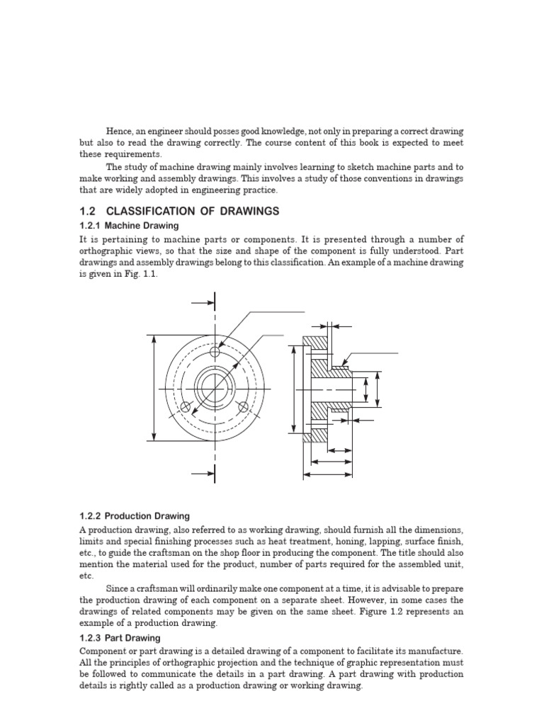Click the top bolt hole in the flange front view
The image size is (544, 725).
pos(215,353)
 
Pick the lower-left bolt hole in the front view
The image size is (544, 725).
pos(186,407)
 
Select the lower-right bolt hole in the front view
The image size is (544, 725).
pos(243,407)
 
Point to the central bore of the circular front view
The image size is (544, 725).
pos(214,388)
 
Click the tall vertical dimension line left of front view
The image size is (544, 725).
pos(154,388)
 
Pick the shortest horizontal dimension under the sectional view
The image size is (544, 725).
pos(339,450)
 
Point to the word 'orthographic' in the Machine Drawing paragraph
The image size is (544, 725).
pos(108,251)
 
